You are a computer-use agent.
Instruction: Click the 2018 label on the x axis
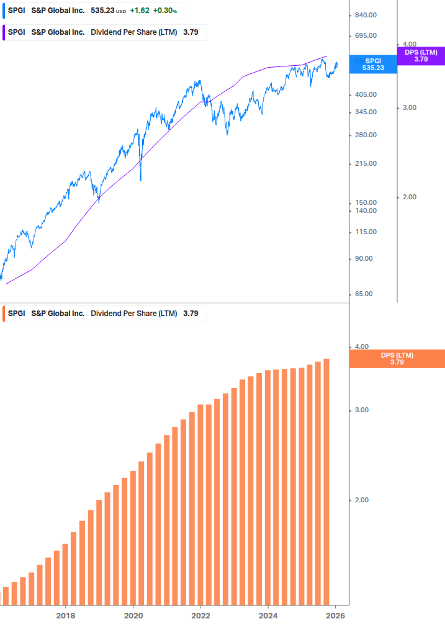pos(66,615)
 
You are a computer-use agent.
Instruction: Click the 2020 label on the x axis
pos(133,615)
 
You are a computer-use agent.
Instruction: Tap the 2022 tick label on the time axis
pos(200,615)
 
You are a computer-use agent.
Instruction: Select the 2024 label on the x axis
pos(268,615)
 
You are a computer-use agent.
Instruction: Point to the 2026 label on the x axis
pos(335,615)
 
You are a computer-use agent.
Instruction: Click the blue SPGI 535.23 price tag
pos(373,65)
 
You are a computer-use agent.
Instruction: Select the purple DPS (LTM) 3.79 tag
pos(421,56)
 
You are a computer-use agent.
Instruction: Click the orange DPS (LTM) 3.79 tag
pos(397,359)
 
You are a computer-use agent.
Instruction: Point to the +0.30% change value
pos(165,11)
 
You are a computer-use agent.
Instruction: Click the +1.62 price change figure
pos(140,11)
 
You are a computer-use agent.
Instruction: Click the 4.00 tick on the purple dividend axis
pos(409,45)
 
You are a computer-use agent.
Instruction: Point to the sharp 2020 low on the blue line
pos(140,179)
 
